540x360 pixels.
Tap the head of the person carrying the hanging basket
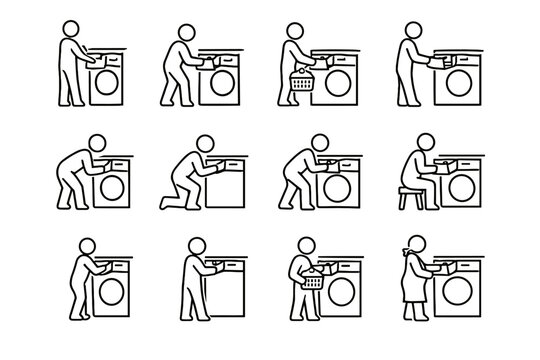click(x=296, y=33)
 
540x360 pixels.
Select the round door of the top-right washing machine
click(x=462, y=82)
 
